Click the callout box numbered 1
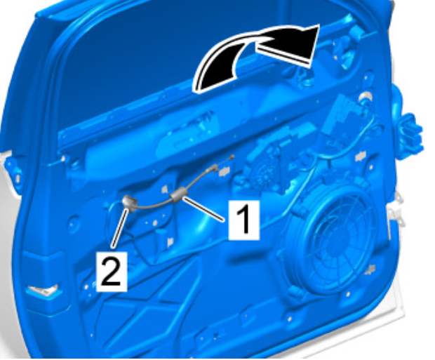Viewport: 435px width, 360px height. (x=244, y=220)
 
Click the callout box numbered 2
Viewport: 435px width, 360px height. (x=112, y=272)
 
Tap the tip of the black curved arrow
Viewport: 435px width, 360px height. (x=319, y=25)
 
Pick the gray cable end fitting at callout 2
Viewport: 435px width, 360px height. (x=129, y=203)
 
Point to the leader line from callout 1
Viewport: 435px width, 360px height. (x=203, y=209)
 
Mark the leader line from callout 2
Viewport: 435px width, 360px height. (x=119, y=228)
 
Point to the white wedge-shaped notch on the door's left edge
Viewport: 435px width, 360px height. (x=42, y=290)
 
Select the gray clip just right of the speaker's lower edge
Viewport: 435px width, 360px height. (x=370, y=269)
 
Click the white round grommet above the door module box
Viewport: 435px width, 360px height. (x=366, y=98)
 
